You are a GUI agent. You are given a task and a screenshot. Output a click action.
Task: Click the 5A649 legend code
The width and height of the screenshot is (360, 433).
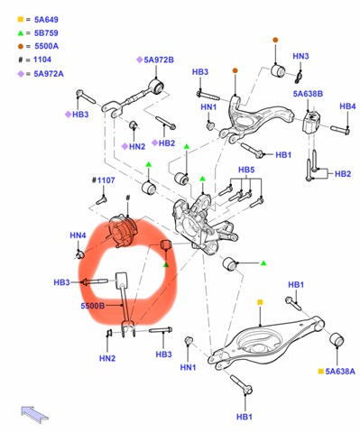point(46,20)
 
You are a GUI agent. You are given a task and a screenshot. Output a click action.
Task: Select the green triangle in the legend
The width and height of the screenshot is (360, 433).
point(21,33)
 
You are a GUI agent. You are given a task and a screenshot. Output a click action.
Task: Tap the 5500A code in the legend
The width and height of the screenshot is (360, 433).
point(46,46)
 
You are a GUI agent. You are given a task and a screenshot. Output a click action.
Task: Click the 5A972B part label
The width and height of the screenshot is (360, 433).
point(159,60)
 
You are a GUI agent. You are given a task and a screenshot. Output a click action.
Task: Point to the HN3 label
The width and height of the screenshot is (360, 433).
point(300,56)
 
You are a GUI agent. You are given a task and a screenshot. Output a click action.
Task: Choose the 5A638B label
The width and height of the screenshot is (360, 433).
point(308,94)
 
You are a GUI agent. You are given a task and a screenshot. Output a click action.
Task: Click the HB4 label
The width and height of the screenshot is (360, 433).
point(347,106)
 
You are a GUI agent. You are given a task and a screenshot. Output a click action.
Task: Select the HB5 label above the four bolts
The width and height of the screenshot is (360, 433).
point(246,170)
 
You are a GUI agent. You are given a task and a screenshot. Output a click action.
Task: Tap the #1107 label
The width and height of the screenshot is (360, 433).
point(103,180)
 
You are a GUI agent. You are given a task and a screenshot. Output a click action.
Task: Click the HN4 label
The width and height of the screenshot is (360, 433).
point(78,235)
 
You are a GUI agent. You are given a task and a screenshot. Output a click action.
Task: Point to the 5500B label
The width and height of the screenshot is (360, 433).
point(93,306)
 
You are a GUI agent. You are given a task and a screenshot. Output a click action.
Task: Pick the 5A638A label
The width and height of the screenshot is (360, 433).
point(340,372)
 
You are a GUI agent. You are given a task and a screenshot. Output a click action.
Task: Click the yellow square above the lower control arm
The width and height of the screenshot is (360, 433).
point(260,302)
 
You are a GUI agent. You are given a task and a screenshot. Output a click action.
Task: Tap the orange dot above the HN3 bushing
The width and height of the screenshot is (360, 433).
point(275,40)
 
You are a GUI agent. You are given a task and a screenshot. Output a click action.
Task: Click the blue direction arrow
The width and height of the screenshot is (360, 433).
point(34,414)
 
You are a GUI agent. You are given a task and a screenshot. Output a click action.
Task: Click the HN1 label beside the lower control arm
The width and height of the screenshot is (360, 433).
point(188,367)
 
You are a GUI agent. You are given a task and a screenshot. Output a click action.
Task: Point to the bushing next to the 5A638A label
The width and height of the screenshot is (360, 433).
point(337,339)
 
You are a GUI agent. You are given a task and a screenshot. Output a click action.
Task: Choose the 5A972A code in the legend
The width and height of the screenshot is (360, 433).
point(49,74)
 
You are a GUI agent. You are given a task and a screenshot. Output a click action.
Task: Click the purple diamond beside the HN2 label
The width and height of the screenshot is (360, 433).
point(125,146)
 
